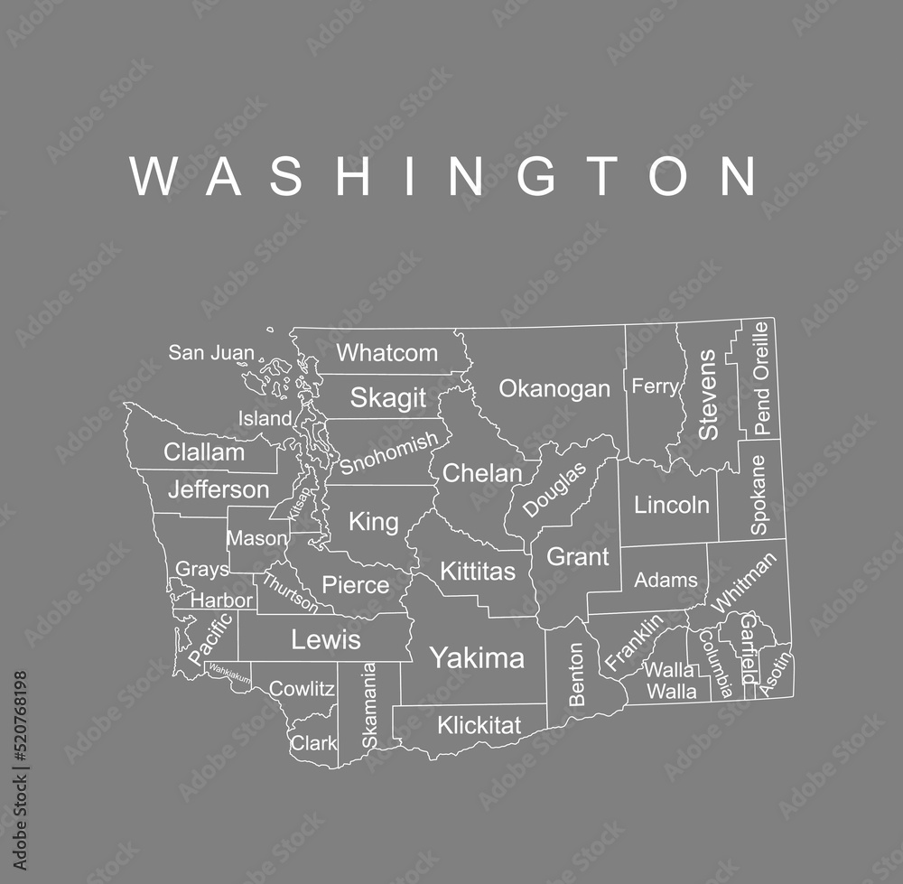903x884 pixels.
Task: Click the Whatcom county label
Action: click(x=386, y=353)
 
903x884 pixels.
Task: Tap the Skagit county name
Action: click(x=387, y=397)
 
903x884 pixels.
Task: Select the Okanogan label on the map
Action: click(x=554, y=389)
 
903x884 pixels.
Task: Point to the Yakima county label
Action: click(x=476, y=657)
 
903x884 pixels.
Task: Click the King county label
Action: click(x=373, y=521)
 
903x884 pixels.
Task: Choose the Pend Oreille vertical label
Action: click(x=762, y=378)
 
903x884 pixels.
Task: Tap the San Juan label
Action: click(x=211, y=352)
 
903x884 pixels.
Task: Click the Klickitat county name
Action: click(x=479, y=725)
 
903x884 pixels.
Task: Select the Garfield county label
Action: click(x=749, y=648)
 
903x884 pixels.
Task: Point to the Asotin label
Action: click(x=776, y=674)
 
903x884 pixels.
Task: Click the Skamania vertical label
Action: click(x=368, y=706)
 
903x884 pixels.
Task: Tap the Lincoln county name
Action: click(x=671, y=505)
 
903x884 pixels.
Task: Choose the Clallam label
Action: click(x=204, y=452)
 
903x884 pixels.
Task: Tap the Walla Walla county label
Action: click(x=670, y=681)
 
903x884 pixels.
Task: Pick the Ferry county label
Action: click(x=655, y=386)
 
